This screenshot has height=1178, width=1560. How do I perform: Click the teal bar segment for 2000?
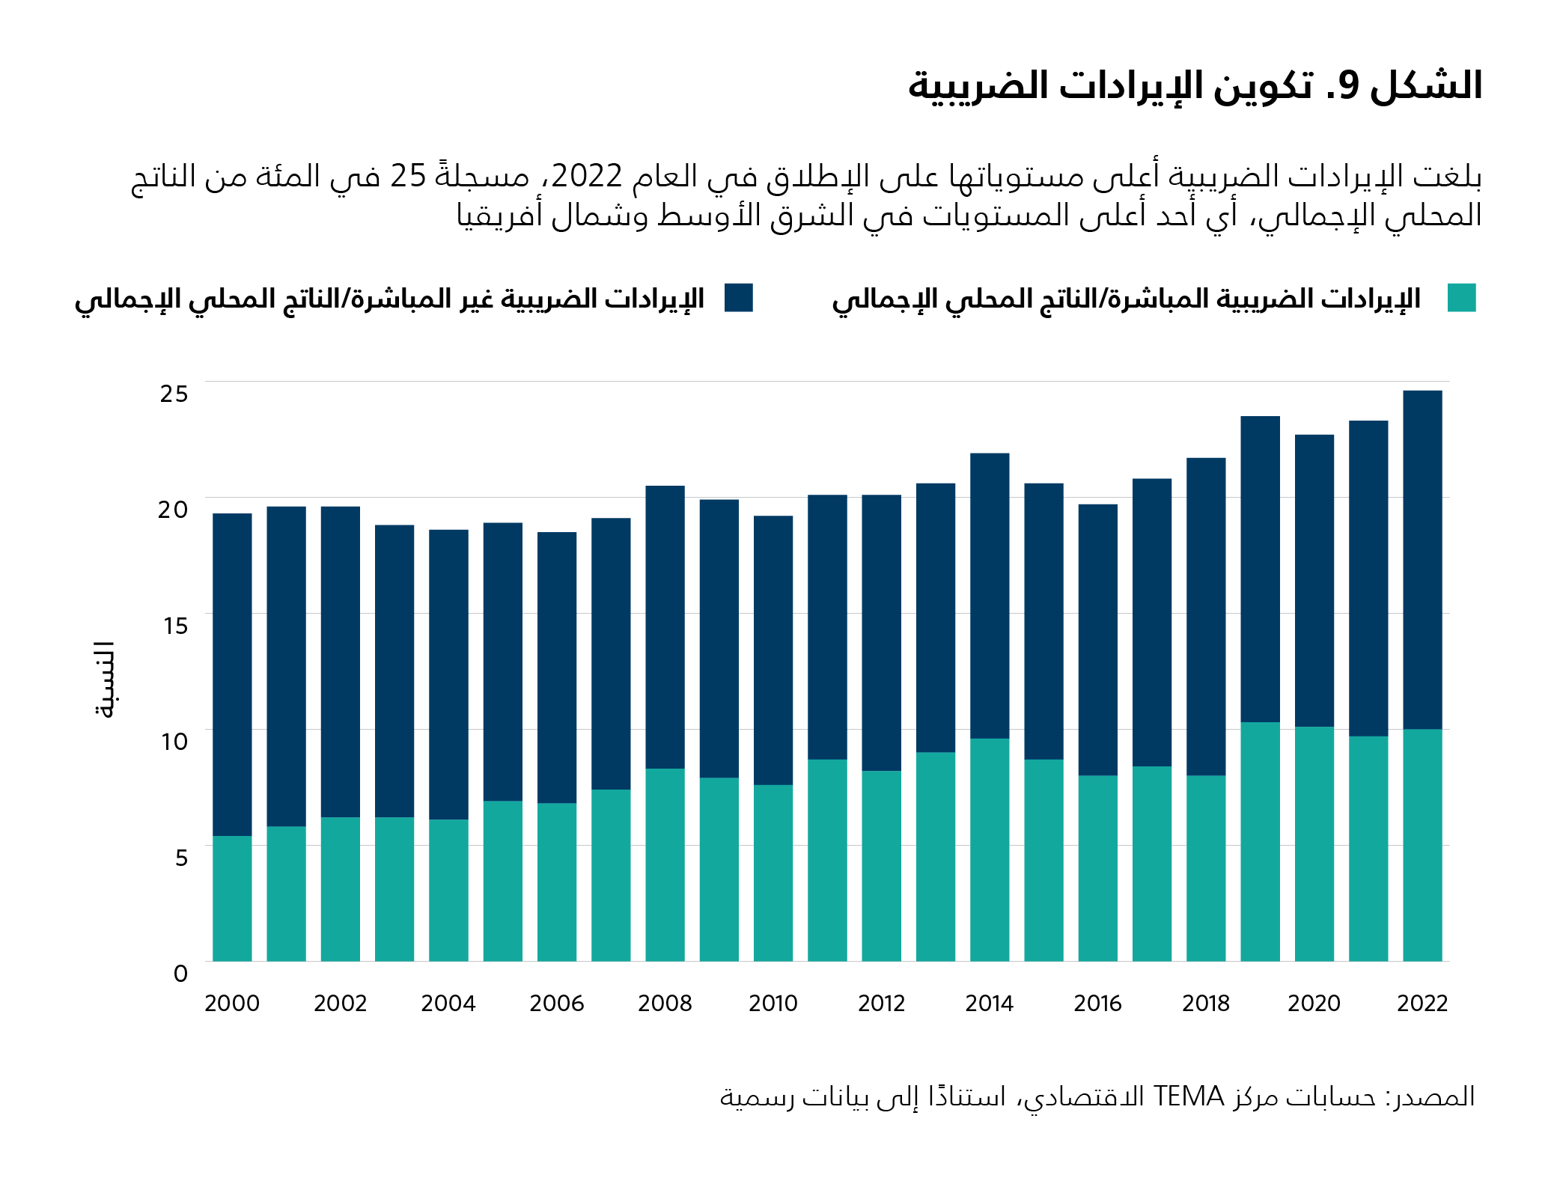tap(232, 898)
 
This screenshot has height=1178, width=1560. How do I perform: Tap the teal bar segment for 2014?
tap(990, 849)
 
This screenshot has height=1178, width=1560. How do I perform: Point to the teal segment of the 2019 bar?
tap(1260, 841)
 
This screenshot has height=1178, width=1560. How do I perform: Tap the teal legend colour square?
tap(1461, 298)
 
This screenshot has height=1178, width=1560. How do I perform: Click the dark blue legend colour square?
tap(738, 298)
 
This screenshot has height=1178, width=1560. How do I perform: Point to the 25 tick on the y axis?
tap(174, 394)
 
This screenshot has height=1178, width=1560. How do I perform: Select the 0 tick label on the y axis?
tap(180, 974)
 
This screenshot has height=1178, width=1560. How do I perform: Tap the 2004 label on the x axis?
tap(448, 1003)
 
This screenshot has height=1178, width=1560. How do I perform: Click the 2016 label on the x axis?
tap(1097, 1003)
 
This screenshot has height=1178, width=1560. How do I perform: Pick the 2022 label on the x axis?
tap(1422, 1003)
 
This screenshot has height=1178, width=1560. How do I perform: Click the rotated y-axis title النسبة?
tap(105, 680)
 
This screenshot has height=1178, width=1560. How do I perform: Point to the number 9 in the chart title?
tap(1348, 85)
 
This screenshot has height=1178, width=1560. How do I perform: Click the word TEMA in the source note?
tap(1189, 1096)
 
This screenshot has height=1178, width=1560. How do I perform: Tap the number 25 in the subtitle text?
tap(408, 176)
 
